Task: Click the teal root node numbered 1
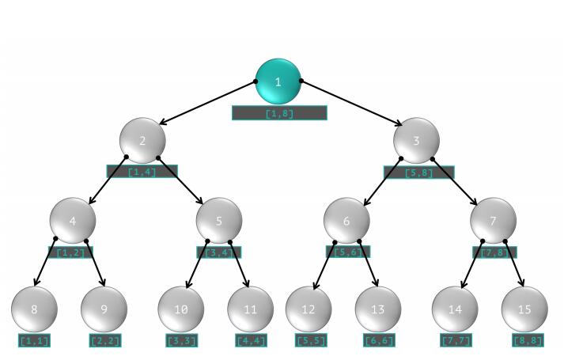(278, 81)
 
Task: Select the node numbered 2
(142, 140)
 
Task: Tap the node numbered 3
(416, 140)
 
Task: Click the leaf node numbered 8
(34, 309)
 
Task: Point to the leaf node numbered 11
(251, 309)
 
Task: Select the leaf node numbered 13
(378, 309)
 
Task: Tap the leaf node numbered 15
(524, 309)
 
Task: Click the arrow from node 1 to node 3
(352, 103)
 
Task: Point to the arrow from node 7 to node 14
(472, 263)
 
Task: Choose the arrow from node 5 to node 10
(197, 263)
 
